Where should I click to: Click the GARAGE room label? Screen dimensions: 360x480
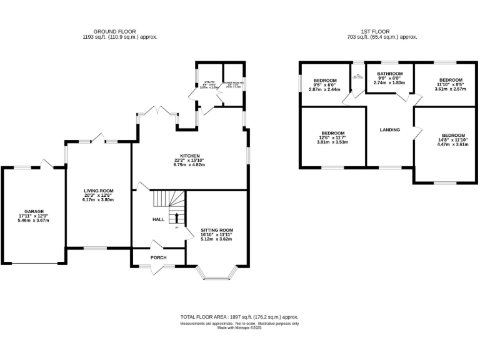[x=34, y=212]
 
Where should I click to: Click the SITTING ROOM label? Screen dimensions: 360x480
[x=216, y=230]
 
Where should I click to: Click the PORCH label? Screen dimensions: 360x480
[x=158, y=257]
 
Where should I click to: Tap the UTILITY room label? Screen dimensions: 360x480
[x=209, y=82]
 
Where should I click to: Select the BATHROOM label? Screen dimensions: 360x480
[x=389, y=74]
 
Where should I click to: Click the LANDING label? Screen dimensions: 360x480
[x=389, y=130]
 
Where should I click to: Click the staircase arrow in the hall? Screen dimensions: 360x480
[x=176, y=217]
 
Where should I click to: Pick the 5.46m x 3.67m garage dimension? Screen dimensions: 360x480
[x=34, y=221]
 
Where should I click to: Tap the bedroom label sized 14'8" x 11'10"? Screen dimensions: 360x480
[x=454, y=136]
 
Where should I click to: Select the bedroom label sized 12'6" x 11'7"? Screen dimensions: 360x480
[x=333, y=133]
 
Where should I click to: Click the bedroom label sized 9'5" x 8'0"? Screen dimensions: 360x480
[x=325, y=81]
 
